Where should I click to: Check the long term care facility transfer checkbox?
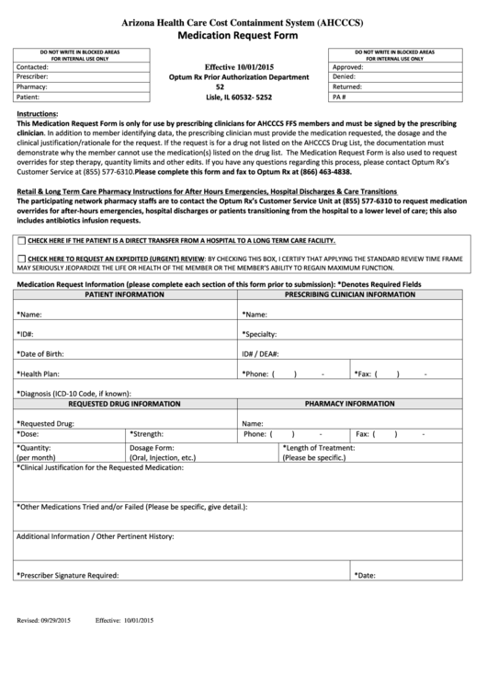click(x=21, y=239)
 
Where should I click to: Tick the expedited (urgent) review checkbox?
click(x=21, y=259)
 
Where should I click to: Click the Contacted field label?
click(x=33, y=67)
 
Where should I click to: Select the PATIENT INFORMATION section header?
click(x=125, y=294)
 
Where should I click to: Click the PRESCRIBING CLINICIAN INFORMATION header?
click(x=356, y=294)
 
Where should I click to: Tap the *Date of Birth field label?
click(x=40, y=353)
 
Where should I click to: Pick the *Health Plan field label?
click(x=39, y=373)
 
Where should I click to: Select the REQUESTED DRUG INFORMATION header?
click(x=125, y=403)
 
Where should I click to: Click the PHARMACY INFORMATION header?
click(x=356, y=403)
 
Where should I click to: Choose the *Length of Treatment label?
click(x=321, y=447)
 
